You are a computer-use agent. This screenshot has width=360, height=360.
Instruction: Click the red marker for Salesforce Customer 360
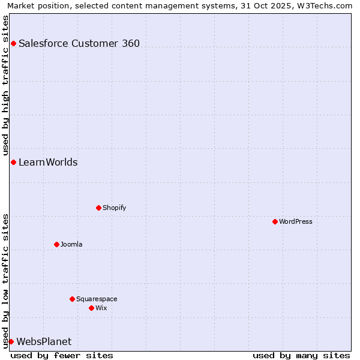coord(13,43)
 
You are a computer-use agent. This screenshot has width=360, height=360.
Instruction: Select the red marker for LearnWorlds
coord(13,162)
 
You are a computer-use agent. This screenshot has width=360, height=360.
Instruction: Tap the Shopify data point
coord(98,208)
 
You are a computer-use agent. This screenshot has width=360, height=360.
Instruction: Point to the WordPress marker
coord(275,221)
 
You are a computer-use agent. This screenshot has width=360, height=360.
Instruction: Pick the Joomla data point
coord(56,244)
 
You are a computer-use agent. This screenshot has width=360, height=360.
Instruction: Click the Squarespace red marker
coord(72,299)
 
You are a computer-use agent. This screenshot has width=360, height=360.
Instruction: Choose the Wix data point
coord(91,308)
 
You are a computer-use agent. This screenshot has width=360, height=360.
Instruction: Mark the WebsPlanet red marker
coord(11,341)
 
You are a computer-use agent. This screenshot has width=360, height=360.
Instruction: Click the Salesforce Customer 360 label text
coord(79,43)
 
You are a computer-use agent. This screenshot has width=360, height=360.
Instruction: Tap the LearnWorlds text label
coord(48,162)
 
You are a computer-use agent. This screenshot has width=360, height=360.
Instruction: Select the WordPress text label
coord(296,221)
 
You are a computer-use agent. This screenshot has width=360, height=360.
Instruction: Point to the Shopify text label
coord(114,208)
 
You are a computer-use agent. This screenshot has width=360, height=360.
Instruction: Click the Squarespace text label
coord(97,299)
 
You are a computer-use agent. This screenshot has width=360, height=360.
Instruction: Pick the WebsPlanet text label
coord(44,341)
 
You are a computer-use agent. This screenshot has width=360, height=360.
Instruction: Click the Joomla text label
coord(71,244)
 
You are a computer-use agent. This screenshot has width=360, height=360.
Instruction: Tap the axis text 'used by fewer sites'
coord(62,355)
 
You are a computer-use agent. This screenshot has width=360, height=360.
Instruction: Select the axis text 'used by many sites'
coord(301,355)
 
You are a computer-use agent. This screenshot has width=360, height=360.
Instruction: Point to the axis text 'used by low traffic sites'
coord(6,281)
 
